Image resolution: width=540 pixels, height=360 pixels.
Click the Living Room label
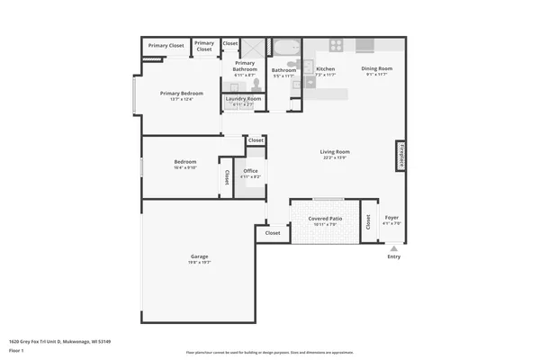pyautogui.click(x=335, y=152)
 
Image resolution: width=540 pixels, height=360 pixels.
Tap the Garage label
pyautogui.click(x=199, y=256)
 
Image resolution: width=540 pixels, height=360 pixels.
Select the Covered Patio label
pyautogui.click(x=324, y=219)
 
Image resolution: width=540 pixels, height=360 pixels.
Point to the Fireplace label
pyautogui.click(x=401, y=155)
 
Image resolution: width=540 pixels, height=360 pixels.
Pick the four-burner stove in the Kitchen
pyautogui.click(x=336, y=45)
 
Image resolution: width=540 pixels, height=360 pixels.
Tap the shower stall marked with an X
pyautogui.click(x=256, y=47)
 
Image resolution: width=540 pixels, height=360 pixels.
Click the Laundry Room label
pyautogui.click(x=243, y=98)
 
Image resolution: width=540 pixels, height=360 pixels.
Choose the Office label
pyautogui.click(x=250, y=171)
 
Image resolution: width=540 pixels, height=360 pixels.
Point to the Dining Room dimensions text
pyautogui.click(x=376, y=75)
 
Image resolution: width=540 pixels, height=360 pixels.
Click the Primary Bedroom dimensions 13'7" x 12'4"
pyautogui.click(x=182, y=99)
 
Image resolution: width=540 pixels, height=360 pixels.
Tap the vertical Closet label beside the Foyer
pyautogui.click(x=367, y=225)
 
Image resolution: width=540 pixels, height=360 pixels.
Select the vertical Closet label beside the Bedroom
pyautogui.click(x=227, y=176)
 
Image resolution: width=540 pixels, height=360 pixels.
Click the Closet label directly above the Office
pyautogui.click(x=256, y=140)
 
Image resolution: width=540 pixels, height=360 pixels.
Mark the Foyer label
pyautogui.click(x=391, y=217)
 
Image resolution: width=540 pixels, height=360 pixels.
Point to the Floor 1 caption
pyautogui.click(x=15, y=350)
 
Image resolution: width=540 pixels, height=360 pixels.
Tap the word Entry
pyautogui.click(x=393, y=257)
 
